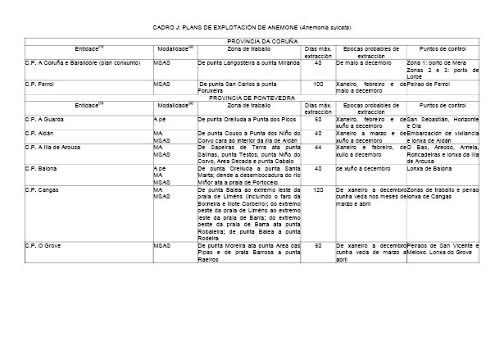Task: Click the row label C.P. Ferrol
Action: (x=39, y=84)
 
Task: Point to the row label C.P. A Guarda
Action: (x=44, y=120)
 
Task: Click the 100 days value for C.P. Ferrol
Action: (x=318, y=84)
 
